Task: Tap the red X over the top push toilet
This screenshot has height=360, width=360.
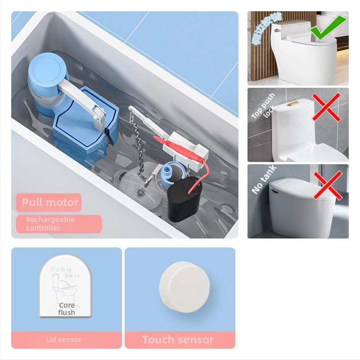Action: pyautogui.click(x=327, y=108)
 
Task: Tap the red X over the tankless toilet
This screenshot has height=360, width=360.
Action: pyautogui.click(x=327, y=184)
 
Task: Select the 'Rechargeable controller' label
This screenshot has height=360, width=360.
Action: pyautogui.click(x=58, y=224)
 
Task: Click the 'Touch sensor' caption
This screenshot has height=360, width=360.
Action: pyautogui.click(x=178, y=340)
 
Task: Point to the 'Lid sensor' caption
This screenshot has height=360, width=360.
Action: pyautogui.click(x=64, y=340)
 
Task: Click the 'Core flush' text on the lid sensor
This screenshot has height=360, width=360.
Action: pyautogui.click(x=67, y=309)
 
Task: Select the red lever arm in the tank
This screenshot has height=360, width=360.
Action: pyautogui.click(x=178, y=147)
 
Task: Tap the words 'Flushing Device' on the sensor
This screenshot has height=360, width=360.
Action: pyautogui.click(x=65, y=272)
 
